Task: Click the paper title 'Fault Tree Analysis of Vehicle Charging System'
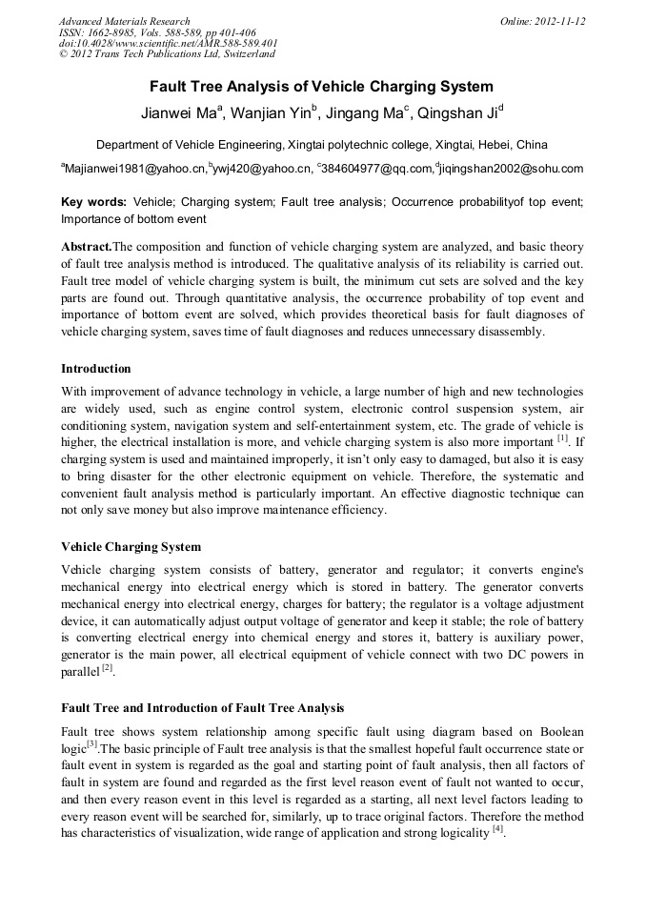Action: click(322, 87)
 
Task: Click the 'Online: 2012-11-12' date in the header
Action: click(542, 21)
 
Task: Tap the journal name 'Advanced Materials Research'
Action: click(124, 21)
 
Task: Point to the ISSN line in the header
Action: click(156, 32)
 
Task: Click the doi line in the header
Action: click(168, 44)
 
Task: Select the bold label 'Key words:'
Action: click(93, 202)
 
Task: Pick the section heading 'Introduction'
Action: click(95, 369)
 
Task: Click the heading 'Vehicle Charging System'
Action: click(131, 547)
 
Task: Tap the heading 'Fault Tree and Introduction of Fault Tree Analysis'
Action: click(202, 708)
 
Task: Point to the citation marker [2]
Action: click(108, 668)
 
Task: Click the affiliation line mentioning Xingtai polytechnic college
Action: click(322, 145)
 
